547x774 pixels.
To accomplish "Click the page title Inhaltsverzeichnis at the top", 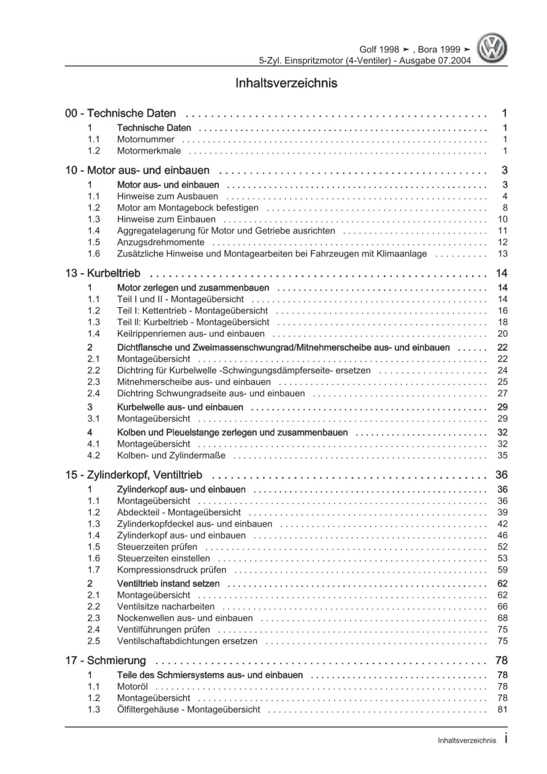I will (x=286, y=83).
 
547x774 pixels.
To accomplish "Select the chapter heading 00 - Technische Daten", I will (x=120, y=113).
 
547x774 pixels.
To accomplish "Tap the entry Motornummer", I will (x=146, y=139).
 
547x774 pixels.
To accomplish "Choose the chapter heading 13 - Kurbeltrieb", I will (x=103, y=273).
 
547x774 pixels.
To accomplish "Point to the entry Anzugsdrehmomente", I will (x=160, y=242).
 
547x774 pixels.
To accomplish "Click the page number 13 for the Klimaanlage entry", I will (x=503, y=253).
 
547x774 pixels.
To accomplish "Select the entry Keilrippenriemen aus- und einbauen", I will (x=191, y=333).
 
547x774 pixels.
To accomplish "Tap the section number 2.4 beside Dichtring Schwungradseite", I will (x=94, y=393).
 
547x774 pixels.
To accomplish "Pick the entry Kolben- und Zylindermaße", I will (x=171, y=455).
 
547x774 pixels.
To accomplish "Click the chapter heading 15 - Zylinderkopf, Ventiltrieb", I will (x=134, y=475).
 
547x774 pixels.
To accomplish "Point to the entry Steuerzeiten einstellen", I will (x=163, y=558).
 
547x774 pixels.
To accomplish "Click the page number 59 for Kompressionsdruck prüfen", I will (x=503, y=570).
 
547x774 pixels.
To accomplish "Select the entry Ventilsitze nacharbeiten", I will (x=165, y=607).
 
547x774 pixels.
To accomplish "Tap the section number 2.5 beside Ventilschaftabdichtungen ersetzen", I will (x=94, y=641).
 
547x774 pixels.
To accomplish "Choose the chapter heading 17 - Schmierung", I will (x=106, y=661).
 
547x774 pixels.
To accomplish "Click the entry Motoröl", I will (x=133, y=686).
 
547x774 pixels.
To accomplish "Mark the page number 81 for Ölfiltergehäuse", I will (x=503, y=709).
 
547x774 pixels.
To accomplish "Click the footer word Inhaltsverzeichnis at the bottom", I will (x=467, y=741).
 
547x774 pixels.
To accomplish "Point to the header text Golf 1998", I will (x=379, y=49).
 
